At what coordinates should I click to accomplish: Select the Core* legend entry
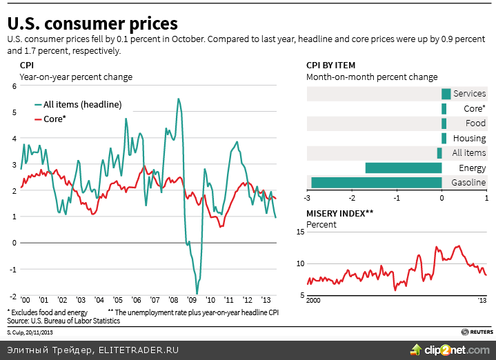pos(54,119)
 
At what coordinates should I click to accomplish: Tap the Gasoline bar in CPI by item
pos(376,183)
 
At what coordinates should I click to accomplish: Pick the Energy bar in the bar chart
pos(404,168)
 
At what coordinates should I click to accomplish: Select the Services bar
pos(446,94)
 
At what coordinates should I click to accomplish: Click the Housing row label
pos(470,139)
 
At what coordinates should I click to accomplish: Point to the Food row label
pos(475,123)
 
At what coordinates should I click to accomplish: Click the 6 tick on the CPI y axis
pos(13,86)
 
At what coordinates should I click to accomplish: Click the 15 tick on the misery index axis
pos(299,232)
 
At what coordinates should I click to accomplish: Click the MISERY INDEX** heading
pos(339,213)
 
